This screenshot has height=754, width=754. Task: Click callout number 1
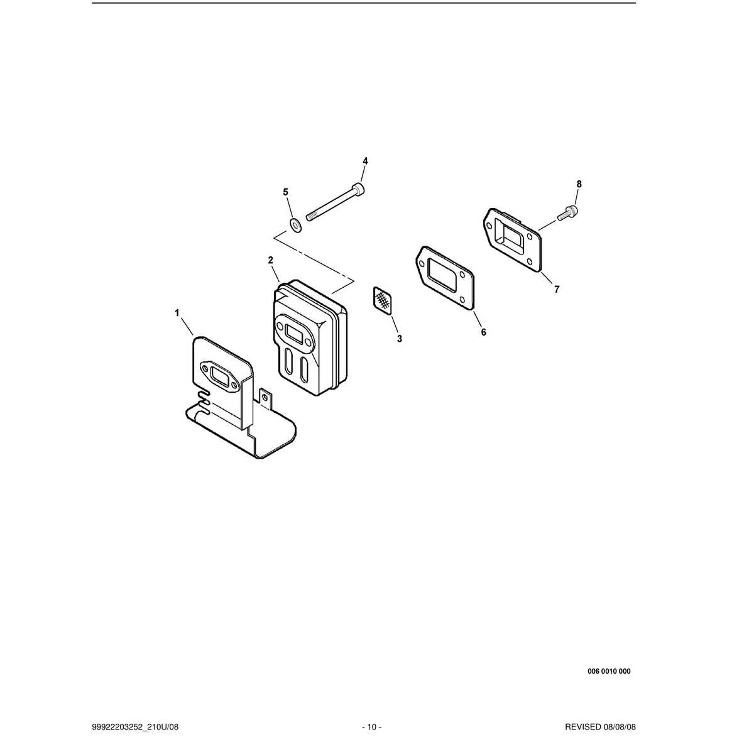pyautogui.click(x=177, y=313)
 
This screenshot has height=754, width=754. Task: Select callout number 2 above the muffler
pyautogui.click(x=270, y=260)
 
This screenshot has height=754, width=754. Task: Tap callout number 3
pyautogui.click(x=399, y=339)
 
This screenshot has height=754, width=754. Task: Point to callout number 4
pyautogui.click(x=365, y=161)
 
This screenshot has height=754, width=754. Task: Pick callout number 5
pyautogui.click(x=285, y=192)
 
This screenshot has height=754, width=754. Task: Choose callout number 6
pyautogui.click(x=484, y=332)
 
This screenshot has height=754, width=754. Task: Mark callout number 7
pyautogui.click(x=557, y=289)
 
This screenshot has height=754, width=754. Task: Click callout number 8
pyautogui.click(x=579, y=184)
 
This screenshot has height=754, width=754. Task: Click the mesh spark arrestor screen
pyautogui.click(x=381, y=300)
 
